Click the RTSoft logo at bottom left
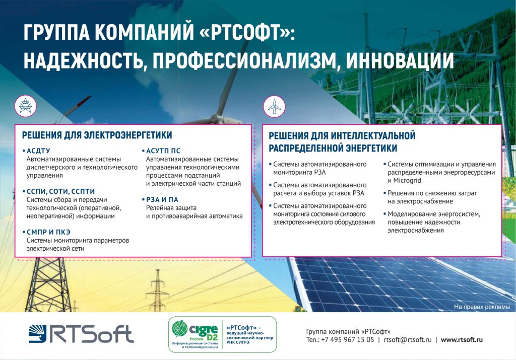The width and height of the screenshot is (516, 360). (81, 334)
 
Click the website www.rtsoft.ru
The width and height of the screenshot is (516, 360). (462, 340)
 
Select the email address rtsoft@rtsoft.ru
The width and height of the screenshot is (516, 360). (407, 340)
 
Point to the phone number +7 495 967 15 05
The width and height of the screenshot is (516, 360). (348, 340)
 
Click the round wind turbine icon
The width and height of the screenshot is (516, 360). (274, 107)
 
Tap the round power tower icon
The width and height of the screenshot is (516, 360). (25, 106)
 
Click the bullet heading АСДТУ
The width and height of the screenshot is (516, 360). (38, 151)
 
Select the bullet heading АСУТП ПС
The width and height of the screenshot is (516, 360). (163, 151)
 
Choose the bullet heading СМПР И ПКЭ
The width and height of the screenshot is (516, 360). (48, 232)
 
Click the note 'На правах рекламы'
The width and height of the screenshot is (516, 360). (482, 307)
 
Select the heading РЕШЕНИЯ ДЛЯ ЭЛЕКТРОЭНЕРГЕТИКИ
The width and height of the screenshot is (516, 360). (97, 135)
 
